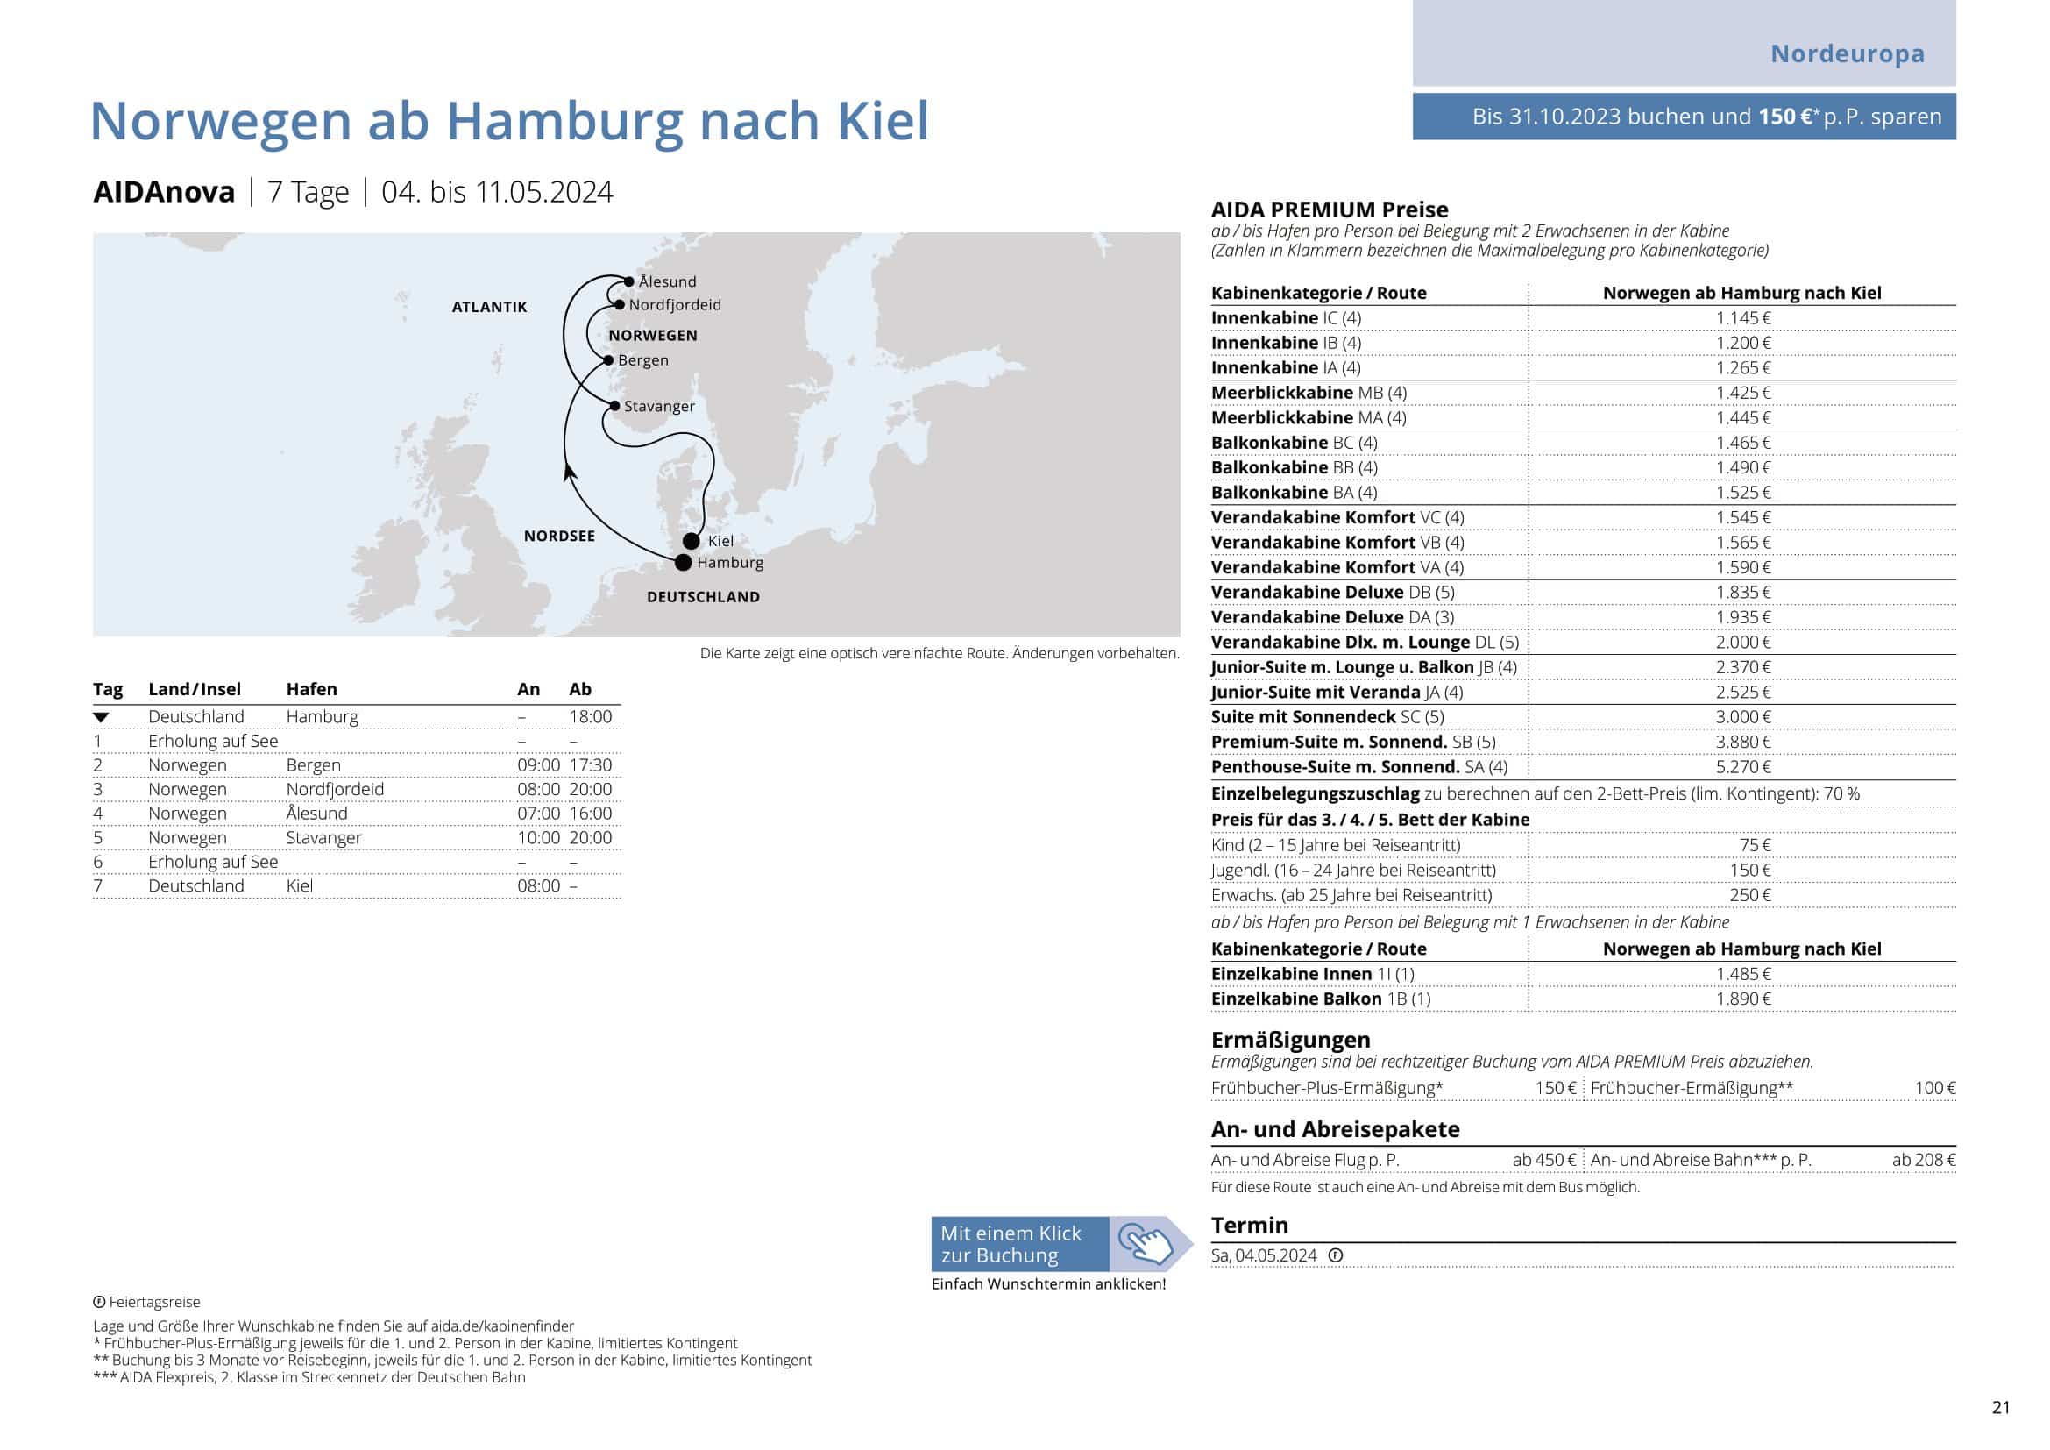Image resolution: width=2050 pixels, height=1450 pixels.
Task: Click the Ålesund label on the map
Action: (x=667, y=282)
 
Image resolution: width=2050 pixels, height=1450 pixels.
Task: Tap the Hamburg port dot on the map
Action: (x=683, y=563)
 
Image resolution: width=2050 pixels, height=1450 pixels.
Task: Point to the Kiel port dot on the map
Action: (x=691, y=541)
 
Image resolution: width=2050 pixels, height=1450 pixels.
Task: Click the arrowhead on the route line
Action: (x=569, y=473)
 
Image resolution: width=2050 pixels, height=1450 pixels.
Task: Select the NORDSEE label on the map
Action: (x=559, y=536)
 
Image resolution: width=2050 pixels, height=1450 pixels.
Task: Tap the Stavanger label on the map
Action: (x=659, y=406)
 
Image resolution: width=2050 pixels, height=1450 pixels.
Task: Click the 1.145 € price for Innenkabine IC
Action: (x=1743, y=318)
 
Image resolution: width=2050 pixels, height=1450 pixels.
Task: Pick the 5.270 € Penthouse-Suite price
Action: (x=1743, y=767)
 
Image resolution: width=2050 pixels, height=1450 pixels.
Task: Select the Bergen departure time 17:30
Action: (x=590, y=765)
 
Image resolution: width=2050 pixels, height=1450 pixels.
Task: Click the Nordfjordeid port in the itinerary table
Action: (x=335, y=789)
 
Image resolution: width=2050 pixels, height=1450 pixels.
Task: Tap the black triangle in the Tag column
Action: (x=101, y=717)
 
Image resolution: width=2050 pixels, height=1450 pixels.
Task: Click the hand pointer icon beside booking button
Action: (x=1146, y=1244)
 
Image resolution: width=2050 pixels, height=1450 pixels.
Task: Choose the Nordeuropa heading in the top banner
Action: (x=1848, y=53)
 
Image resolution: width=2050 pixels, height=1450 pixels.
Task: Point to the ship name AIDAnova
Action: (x=164, y=192)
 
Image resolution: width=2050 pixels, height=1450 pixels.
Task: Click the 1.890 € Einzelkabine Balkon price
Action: (x=1743, y=999)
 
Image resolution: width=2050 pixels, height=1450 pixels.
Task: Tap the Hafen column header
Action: (x=312, y=689)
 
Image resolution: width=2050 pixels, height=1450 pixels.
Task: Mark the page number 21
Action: (x=2001, y=1407)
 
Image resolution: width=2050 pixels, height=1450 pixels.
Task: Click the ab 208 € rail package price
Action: (x=1923, y=1160)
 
